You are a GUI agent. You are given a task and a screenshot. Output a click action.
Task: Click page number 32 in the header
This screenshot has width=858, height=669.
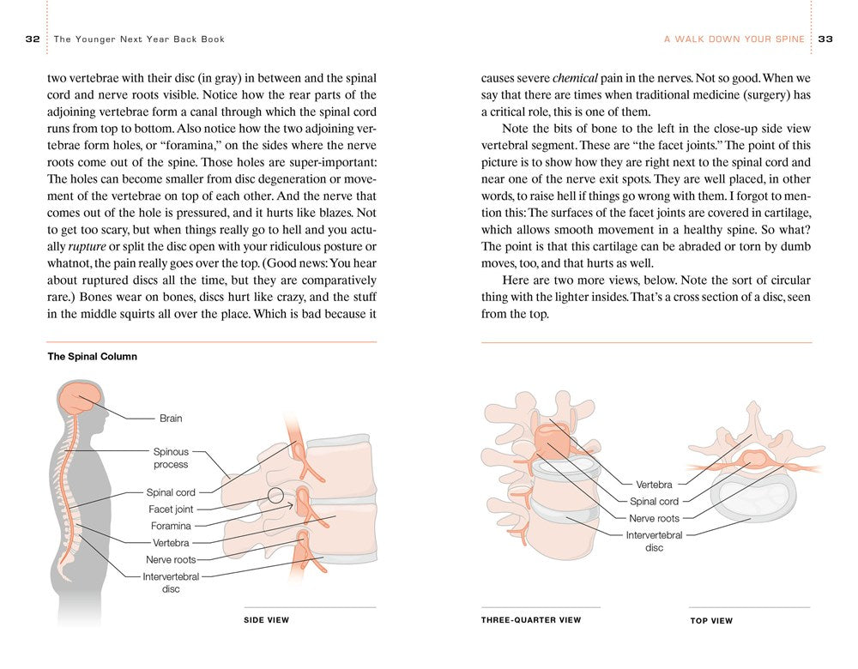[x=33, y=39]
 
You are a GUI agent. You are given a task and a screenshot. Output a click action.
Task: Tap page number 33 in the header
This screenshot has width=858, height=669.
[x=826, y=39]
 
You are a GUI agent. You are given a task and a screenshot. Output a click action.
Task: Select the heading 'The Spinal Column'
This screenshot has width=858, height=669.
[x=92, y=357]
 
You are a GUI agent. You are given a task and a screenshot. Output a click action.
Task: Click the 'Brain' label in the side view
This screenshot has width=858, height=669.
[x=171, y=419]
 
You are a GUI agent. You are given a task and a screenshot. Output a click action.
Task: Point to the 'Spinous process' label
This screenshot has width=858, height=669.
[x=171, y=458]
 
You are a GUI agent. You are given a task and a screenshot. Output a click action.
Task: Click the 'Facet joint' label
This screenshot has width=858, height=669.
[x=172, y=509]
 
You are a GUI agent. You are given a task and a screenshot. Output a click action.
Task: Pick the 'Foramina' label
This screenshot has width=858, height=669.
[x=171, y=526]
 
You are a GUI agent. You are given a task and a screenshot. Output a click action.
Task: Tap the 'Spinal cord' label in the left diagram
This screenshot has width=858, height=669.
[x=171, y=492]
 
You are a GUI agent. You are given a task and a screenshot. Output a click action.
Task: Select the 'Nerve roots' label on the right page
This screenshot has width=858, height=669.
[x=654, y=518]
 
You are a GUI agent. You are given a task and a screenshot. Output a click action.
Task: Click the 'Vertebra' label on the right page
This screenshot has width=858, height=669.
[x=654, y=485]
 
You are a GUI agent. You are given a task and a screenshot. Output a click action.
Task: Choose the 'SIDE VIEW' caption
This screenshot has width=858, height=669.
[x=267, y=620]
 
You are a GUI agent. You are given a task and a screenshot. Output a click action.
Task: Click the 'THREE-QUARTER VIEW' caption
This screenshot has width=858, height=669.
[x=531, y=620]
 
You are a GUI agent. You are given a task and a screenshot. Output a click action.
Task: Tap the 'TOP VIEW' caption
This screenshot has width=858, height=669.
[x=711, y=621]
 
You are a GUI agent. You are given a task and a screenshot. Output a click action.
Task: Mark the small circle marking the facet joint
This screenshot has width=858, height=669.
[x=275, y=496]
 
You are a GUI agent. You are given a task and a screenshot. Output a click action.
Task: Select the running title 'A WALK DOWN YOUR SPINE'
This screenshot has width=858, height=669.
[x=734, y=39]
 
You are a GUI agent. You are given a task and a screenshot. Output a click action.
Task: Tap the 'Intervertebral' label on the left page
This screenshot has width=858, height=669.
[x=171, y=576]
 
